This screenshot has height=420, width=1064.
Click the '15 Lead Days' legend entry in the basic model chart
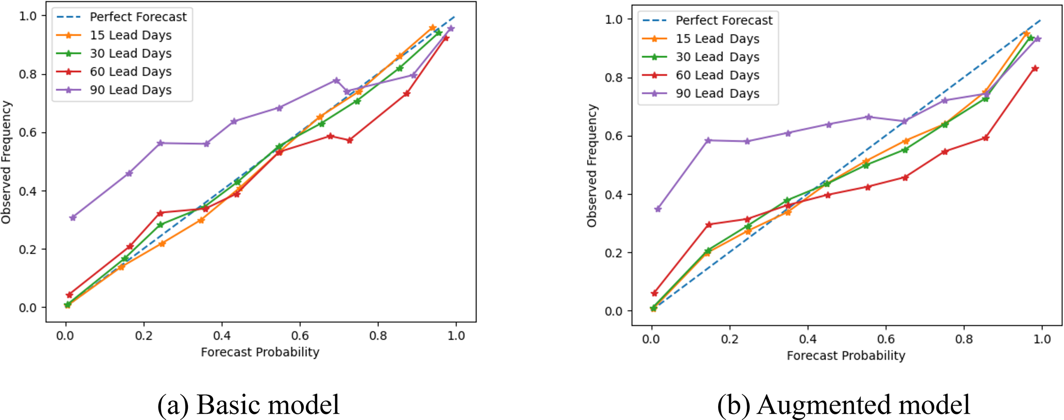tap(130, 36)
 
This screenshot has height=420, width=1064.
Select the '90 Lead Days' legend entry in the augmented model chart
tap(717, 94)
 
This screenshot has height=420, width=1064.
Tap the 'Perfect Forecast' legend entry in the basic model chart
tap(138, 17)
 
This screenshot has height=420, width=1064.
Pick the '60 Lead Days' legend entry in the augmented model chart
tap(717, 75)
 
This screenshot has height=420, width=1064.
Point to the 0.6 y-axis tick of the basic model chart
tap(28, 133)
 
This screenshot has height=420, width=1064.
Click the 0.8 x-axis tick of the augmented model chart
tap(964, 339)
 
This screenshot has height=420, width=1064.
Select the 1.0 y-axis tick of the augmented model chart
tap(614, 20)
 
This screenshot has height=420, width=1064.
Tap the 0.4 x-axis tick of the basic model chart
tap(221, 336)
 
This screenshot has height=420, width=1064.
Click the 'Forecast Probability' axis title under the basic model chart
tap(260, 352)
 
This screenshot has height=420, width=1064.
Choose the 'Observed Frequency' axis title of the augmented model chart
tap(592, 165)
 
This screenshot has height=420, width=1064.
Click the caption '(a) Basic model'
tap(248, 405)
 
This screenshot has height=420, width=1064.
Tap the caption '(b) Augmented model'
tap(843, 405)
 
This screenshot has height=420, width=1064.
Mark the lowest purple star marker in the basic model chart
tap(73, 217)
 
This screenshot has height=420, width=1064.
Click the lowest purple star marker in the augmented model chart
tap(658, 209)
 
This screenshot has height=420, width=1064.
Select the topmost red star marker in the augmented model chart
tap(1035, 69)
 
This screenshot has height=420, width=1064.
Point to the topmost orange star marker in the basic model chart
tap(432, 27)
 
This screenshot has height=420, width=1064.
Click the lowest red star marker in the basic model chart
tap(69, 295)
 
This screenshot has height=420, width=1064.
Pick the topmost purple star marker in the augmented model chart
tap(1038, 39)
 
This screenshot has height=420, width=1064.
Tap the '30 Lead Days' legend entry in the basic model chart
tap(130, 54)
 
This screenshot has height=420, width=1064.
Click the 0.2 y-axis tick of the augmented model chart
tap(614, 253)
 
